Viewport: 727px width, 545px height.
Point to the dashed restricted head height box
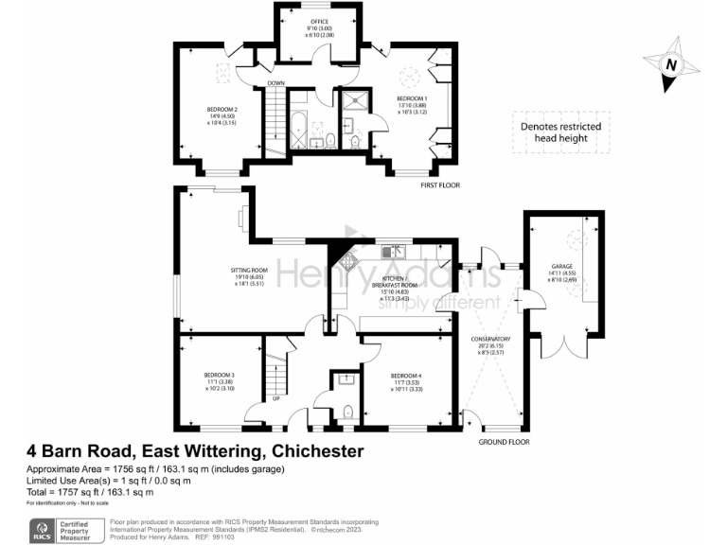pos(560,132)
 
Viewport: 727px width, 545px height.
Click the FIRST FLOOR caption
pos(440,185)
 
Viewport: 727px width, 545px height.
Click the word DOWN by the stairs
pos(275,83)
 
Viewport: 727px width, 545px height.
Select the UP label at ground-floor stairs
pos(275,398)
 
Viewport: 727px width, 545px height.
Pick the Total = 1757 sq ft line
pos(90,493)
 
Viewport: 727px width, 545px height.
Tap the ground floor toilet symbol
pos(347,412)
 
